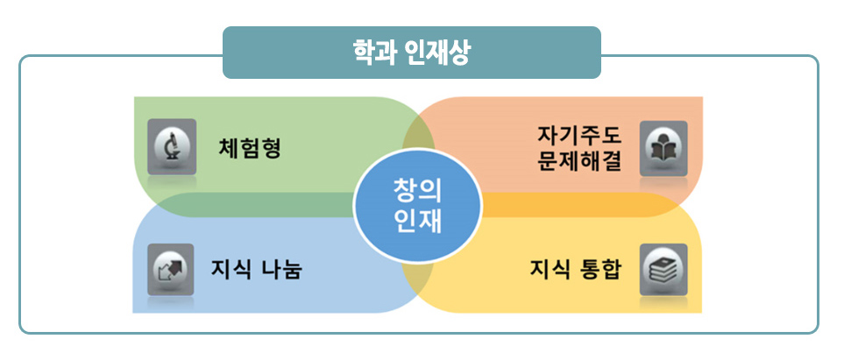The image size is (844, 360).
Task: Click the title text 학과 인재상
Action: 410,53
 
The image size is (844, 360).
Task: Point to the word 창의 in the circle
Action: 418,190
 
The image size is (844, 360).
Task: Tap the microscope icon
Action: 172,145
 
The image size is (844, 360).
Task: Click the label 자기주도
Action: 578,137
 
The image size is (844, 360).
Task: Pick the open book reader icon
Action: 663,146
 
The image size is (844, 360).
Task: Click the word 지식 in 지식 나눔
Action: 228,268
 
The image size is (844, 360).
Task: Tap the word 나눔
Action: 282,268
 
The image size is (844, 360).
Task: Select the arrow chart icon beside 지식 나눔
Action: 171,268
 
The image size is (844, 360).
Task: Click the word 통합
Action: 600,268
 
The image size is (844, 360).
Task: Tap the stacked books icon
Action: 663,268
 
